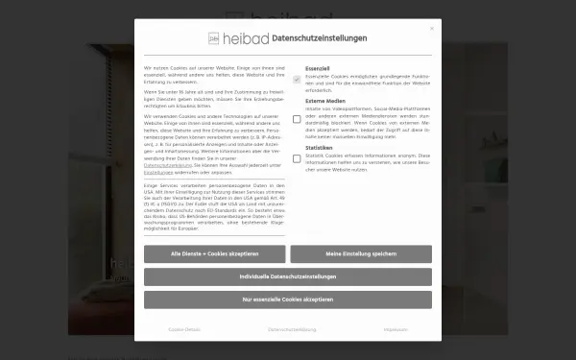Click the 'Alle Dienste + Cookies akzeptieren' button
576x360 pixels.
coord(214,253)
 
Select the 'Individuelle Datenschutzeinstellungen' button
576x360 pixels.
coord(288,276)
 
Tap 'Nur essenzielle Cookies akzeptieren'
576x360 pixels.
coord(288,300)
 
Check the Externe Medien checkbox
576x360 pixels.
coord(297,118)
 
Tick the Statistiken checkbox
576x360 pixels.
coord(297,159)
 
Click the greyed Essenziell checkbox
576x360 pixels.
coord(297,78)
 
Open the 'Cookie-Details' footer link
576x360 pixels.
coord(183,329)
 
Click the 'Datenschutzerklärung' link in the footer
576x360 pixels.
coord(292,329)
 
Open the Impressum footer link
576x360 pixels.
coord(396,329)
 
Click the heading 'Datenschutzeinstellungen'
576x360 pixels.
coord(318,38)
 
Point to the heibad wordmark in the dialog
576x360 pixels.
coord(247,39)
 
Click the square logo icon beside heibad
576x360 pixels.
coord(214,39)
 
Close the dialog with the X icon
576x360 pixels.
coord(432,29)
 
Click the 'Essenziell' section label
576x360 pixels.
coord(318,70)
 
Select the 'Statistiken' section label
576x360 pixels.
coord(320,148)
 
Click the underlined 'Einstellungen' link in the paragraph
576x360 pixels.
coord(158,171)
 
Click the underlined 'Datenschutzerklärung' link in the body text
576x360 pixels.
coord(168,165)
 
